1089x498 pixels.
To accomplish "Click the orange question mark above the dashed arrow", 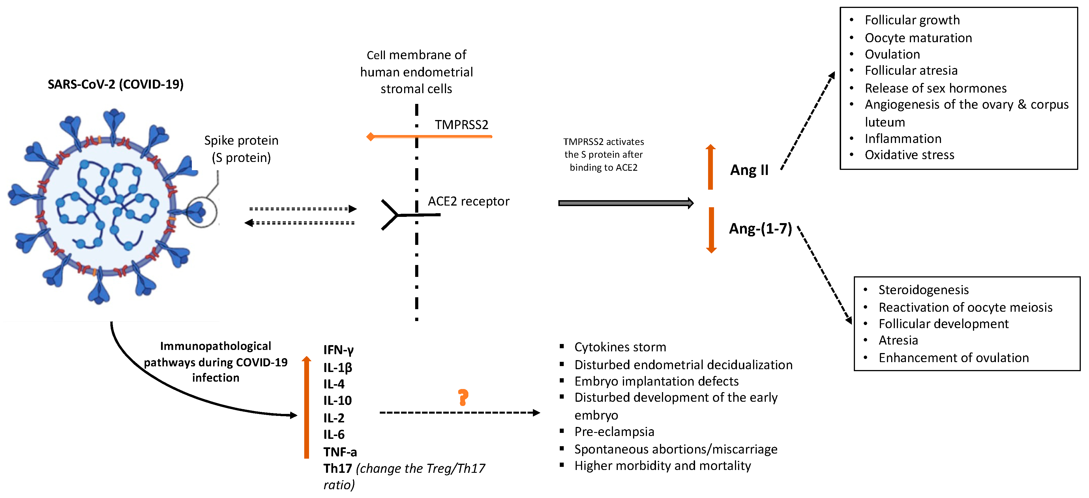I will (x=463, y=397).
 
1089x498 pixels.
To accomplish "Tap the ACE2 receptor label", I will (x=468, y=201).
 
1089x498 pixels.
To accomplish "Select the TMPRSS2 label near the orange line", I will (x=461, y=125).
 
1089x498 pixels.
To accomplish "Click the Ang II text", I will (x=749, y=170).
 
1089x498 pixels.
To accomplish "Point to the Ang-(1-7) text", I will (x=760, y=229).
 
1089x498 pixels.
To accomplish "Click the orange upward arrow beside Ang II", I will (x=711, y=167).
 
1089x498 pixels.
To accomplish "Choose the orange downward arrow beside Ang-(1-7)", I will (x=711, y=230).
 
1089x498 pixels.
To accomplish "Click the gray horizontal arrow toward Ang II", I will (x=626, y=203).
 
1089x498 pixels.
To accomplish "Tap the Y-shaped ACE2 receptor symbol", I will (x=391, y=215).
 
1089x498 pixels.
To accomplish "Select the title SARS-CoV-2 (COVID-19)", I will (x=115, y=84).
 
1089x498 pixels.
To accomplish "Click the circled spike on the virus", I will (x=201, y=212).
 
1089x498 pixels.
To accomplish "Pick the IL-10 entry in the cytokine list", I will (x=337, y=400).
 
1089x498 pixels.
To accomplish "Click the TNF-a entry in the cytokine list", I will (x=340, y=452).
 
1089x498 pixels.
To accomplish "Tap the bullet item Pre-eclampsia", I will (x=614, y=432).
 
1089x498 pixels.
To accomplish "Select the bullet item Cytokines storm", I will (x=620, y=347).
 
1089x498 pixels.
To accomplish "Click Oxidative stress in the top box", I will (x=909, y=155).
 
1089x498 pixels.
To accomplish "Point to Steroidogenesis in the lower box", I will (x=923, y=290).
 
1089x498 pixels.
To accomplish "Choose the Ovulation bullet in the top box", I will (x=892, y=54).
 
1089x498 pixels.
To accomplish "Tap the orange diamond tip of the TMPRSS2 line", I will (x=370, y=136).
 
